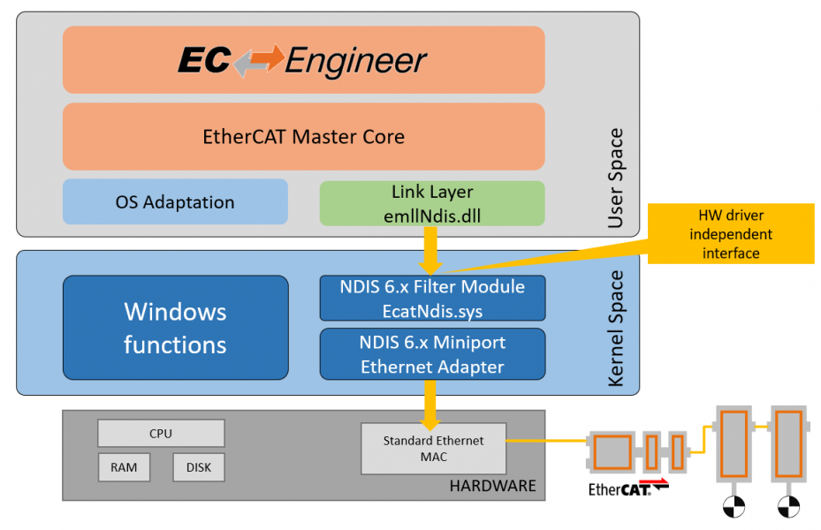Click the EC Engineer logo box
pos(303,60)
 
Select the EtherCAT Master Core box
pos(303,137)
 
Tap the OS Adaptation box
pos(175,202)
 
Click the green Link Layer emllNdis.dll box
pos(432,203)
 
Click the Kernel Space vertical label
pos(615,328)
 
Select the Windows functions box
pos(175,328)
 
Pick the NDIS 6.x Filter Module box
pos(432,298)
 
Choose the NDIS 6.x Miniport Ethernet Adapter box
pos(432,354)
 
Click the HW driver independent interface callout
pos(731,233)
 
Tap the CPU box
pos(161,434)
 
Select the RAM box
pos(124,467)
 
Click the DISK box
pos(199,467)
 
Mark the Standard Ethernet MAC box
pos(434,448)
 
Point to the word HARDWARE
pos(492,486)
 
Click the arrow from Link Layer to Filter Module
pos(432,251)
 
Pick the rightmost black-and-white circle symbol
pos(788,507)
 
